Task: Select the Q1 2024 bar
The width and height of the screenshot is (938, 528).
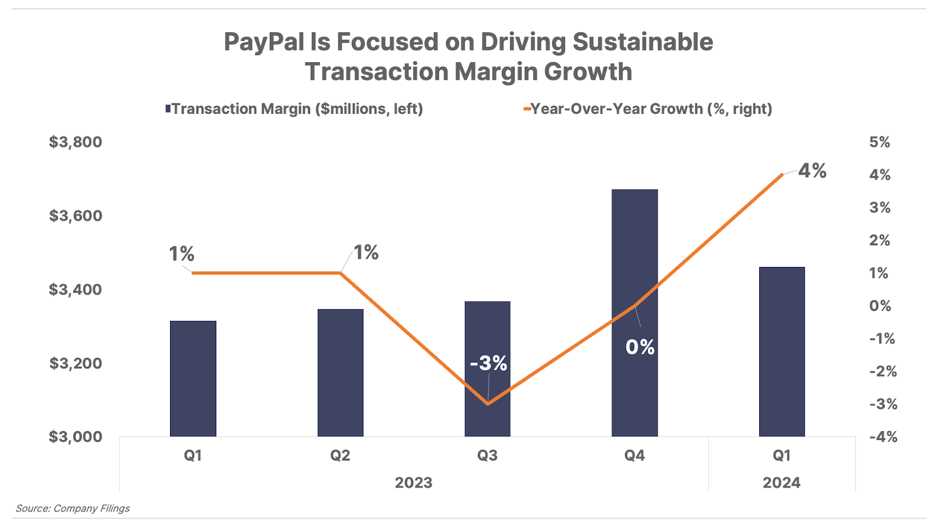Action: pos(781,352)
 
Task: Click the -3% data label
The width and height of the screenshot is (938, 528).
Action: pos(488,363)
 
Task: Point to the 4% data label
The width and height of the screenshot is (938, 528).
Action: pos(813,171)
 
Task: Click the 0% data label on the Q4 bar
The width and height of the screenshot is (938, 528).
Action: pos(640,347)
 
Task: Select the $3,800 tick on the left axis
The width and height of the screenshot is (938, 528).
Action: pos(76,142)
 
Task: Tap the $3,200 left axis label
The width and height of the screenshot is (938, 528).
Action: pos(76,363)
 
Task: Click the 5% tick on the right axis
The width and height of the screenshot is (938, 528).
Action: pos(879,142)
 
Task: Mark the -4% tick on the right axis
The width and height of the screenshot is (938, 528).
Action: pos(883,436)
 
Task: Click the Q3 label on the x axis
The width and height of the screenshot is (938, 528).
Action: pos(487,455)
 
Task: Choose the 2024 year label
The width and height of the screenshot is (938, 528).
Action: pos(781,482)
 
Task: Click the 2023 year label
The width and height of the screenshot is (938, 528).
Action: pos(413,482)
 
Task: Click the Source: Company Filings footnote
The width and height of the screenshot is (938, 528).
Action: pos(73,508)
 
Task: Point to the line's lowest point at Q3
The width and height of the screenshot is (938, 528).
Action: pos(488,404)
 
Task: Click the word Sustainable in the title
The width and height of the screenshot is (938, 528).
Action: pos(643,42)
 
